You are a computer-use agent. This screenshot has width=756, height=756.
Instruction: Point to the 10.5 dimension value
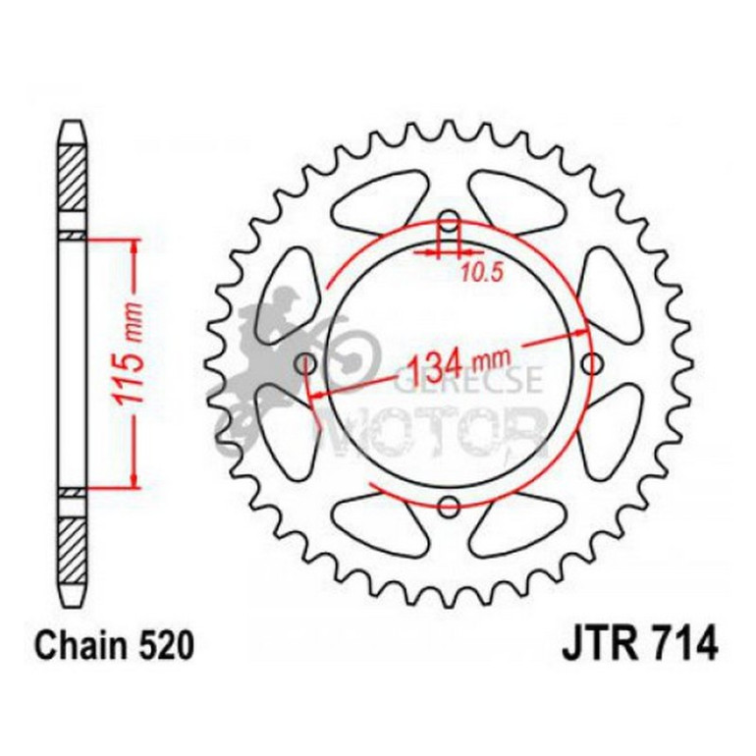(x=481, y=275)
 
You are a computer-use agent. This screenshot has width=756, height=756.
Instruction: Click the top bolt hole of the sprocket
(x=450, y=219)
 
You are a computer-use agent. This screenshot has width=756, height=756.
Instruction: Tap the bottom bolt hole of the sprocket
(x=450, y=507)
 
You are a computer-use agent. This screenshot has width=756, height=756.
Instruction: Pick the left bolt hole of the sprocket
(x=306, y=364)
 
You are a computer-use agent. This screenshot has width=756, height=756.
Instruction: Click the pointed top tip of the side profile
(x=74, y=122)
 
